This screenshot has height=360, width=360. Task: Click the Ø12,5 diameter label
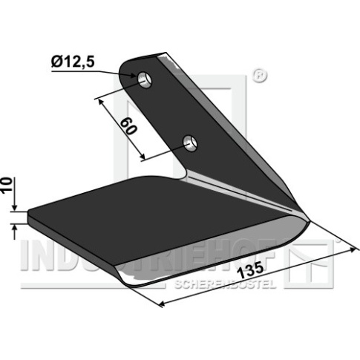73,62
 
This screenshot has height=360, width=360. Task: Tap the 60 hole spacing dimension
128,126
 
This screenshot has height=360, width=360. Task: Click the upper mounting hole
145,79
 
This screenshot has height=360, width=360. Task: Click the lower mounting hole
190,143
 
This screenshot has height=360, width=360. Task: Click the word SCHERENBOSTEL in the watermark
225,284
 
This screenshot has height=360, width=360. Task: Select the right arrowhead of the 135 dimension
353,250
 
